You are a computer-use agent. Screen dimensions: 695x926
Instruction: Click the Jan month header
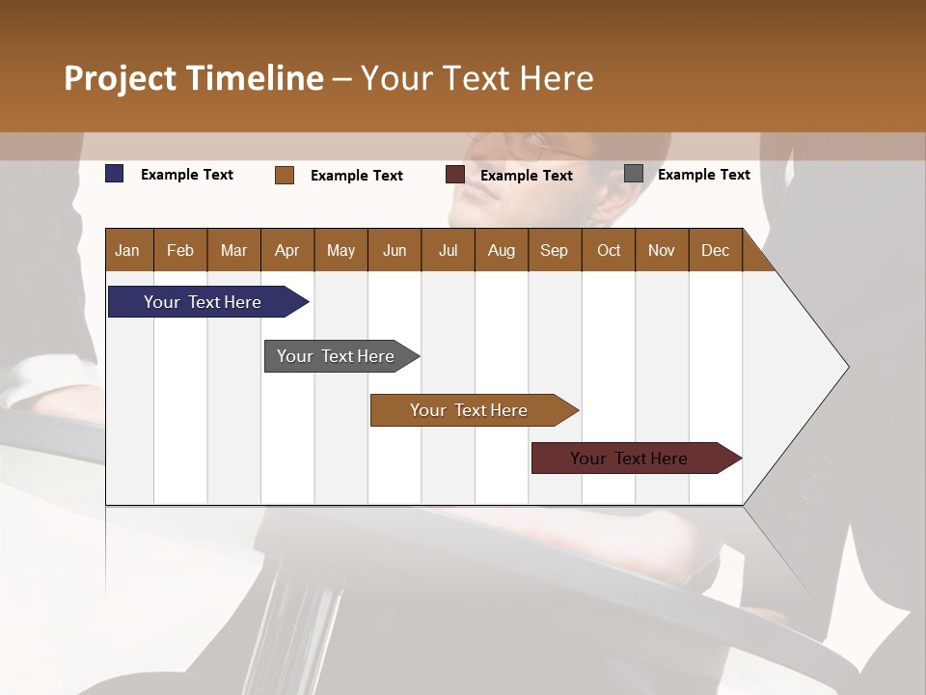(x=128, y=250)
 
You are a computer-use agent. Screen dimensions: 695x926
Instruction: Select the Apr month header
(x=287, y=250)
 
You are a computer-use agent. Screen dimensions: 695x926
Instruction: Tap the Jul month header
(x=448, y=250)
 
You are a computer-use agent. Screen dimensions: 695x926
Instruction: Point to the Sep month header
(x=555, y=250)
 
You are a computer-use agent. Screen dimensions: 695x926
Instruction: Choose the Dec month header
(x=715, y=250)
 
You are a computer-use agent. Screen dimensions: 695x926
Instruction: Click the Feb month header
(x=180, y=250)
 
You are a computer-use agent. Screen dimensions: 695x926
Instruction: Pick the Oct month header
(x=609, y=250)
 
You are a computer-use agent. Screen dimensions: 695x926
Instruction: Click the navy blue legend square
(x=115, y=174)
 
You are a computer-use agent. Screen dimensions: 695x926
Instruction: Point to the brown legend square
(x=285, y=175)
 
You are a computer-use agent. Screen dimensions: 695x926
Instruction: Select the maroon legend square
(x=455, y=175)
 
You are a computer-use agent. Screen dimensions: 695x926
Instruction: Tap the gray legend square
(x=634, y=174)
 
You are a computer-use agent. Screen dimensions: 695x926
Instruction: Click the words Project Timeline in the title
(x=194, y=78)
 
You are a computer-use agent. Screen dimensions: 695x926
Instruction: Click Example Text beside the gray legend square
(x=703, y=175)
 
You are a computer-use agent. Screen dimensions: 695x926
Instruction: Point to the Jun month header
(x=395, y=250)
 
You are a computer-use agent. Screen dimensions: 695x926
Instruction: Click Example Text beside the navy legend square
(x=187, y=175)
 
